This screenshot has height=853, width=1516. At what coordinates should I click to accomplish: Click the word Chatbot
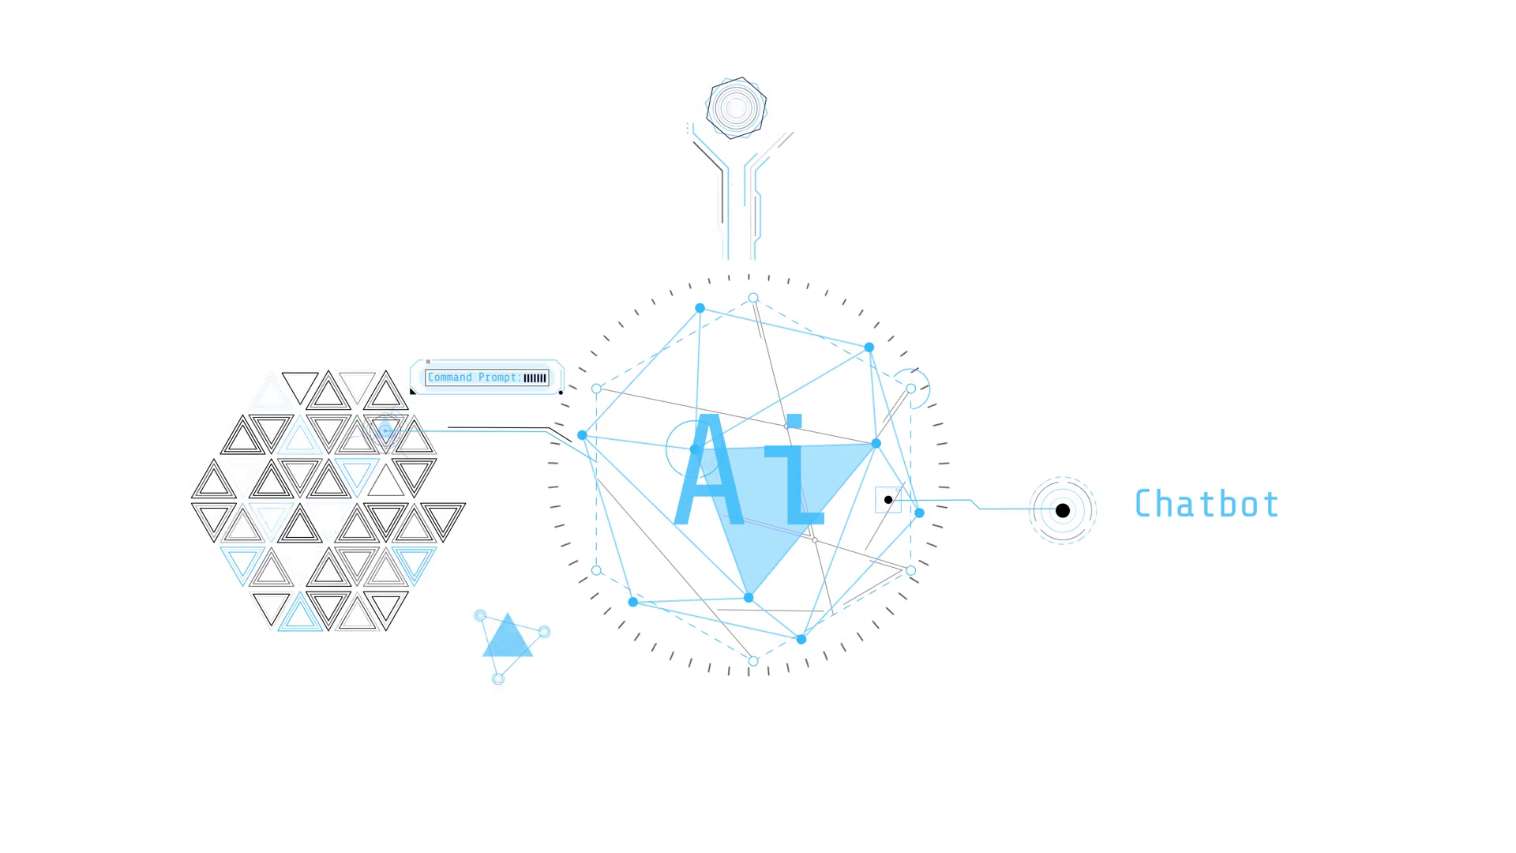click(1206, 504)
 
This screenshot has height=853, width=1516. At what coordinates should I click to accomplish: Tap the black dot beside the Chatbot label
click(1063, 510)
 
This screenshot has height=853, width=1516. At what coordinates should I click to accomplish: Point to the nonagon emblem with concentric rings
click(736, 108)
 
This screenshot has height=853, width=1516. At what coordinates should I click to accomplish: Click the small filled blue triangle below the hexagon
click(508, 637)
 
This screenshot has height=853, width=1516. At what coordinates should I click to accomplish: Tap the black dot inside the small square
click(888, 500)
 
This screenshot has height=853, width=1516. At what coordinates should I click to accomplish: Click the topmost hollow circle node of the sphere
click(753, 299)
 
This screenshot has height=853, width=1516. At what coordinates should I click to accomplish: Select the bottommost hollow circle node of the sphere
click(753, 662)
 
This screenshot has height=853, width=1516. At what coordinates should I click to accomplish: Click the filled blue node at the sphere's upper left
click(700, 308)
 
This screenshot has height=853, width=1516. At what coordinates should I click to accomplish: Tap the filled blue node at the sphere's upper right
click(869, 348)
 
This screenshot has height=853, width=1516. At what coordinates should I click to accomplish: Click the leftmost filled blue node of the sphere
click(582, 435)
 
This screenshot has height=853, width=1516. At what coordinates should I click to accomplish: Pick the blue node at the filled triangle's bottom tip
click(749, 598)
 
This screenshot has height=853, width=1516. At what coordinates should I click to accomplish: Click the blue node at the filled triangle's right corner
click(876, 444)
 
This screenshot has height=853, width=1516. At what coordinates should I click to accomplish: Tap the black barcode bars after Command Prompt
click(535, 378)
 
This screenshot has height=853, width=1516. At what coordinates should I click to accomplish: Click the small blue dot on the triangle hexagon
click(385, 430)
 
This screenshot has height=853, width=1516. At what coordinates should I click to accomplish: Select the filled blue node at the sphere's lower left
click(632, 602)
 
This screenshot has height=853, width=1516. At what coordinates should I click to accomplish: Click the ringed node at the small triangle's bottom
click(498, 678)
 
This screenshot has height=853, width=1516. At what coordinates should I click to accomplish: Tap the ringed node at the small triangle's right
click(544, 632)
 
